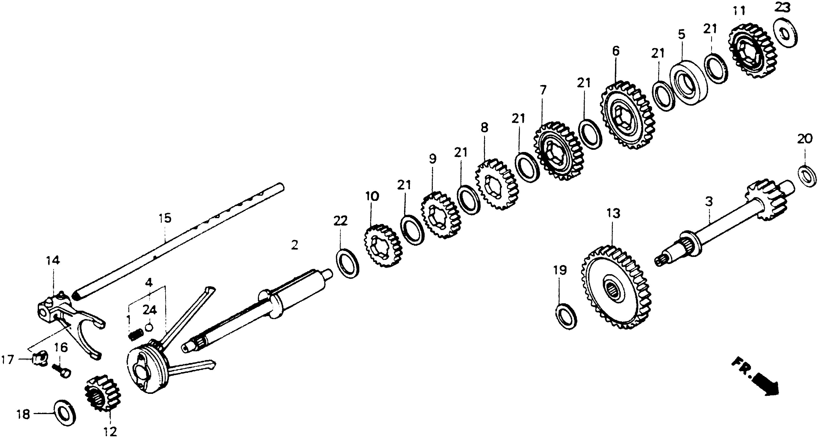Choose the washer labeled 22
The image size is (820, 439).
click(x=348, y=264)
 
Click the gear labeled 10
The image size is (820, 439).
click(x=383, y=246)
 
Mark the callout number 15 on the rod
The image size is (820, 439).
click(x=165, y=219)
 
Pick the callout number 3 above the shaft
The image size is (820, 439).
click(x=709, y=201)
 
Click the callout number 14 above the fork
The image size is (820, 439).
click(x=53, y=261)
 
